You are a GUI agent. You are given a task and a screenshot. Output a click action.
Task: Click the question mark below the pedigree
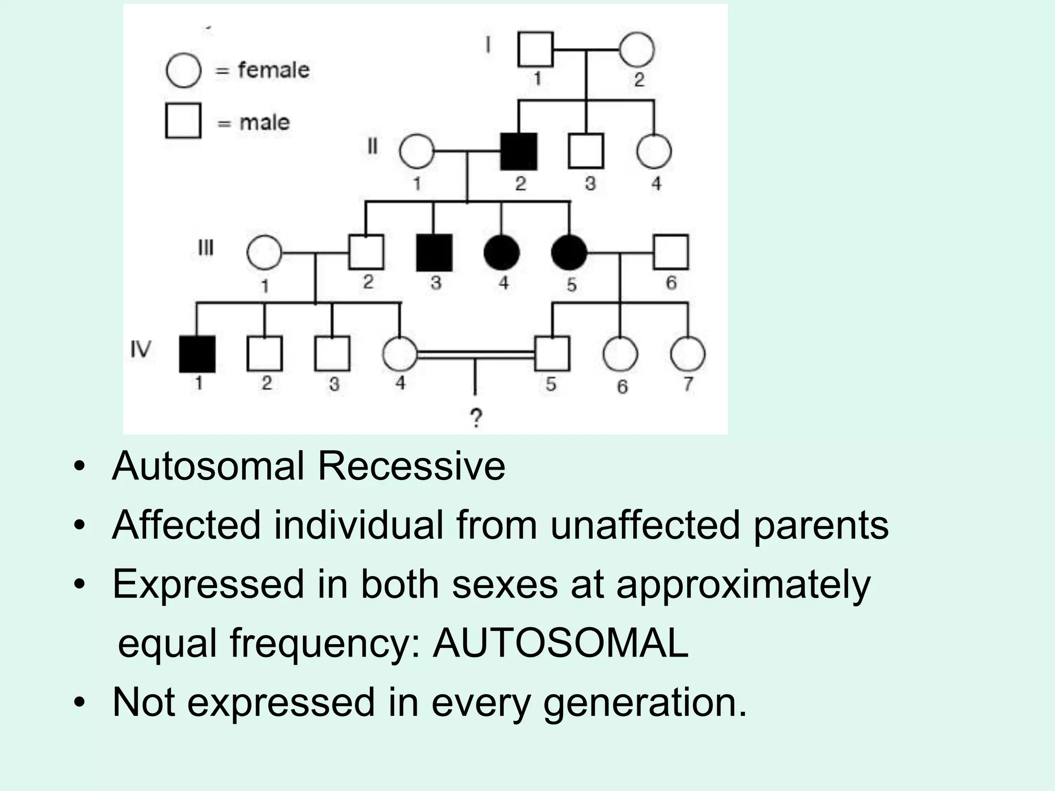(476, 418)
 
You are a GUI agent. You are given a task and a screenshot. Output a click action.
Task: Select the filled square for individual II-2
(519, 151)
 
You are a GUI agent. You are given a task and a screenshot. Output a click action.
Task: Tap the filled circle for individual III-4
(501, 252)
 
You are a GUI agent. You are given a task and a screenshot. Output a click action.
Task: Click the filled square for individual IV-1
(197, 354)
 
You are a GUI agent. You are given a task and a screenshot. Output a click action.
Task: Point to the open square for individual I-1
(535, 49)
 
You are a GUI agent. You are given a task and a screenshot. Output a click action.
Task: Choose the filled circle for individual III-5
(569, 252)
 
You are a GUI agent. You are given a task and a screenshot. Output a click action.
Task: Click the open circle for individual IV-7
(688, 354)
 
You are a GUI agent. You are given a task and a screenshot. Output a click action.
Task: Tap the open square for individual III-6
(671, 252)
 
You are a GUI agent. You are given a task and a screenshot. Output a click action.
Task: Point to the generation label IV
(141, 350)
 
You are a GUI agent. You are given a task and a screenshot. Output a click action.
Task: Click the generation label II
(372, 147)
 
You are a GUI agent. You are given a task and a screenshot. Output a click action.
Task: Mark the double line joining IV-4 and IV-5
(476, 354)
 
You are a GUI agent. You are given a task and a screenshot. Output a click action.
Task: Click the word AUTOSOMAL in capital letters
(560, 643)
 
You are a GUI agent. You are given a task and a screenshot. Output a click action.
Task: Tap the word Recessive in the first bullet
(411, 466)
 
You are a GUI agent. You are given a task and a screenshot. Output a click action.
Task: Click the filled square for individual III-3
(434, 252)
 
